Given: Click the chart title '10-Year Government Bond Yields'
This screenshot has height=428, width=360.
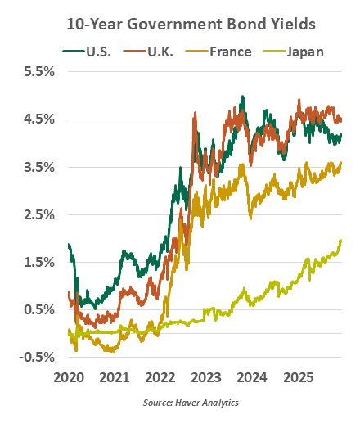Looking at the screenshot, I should (180, 25).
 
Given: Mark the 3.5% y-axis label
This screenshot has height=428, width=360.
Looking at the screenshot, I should (38, 167).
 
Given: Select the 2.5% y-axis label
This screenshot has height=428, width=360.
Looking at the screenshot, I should (38, 214).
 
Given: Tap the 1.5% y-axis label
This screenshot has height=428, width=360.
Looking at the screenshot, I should (38, 262).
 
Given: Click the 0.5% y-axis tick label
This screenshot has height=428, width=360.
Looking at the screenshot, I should (38, 309).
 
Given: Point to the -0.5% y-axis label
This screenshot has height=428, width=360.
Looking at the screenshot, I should (36, 357).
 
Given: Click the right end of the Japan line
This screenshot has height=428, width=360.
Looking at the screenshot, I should (340, 241).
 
